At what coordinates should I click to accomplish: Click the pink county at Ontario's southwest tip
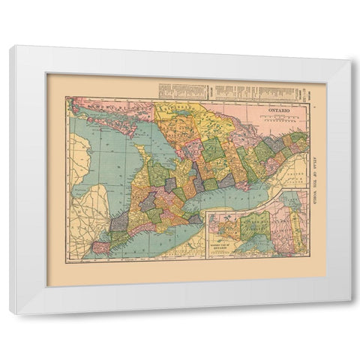(100, 247)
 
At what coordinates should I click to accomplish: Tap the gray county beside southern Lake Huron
(120, 222)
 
